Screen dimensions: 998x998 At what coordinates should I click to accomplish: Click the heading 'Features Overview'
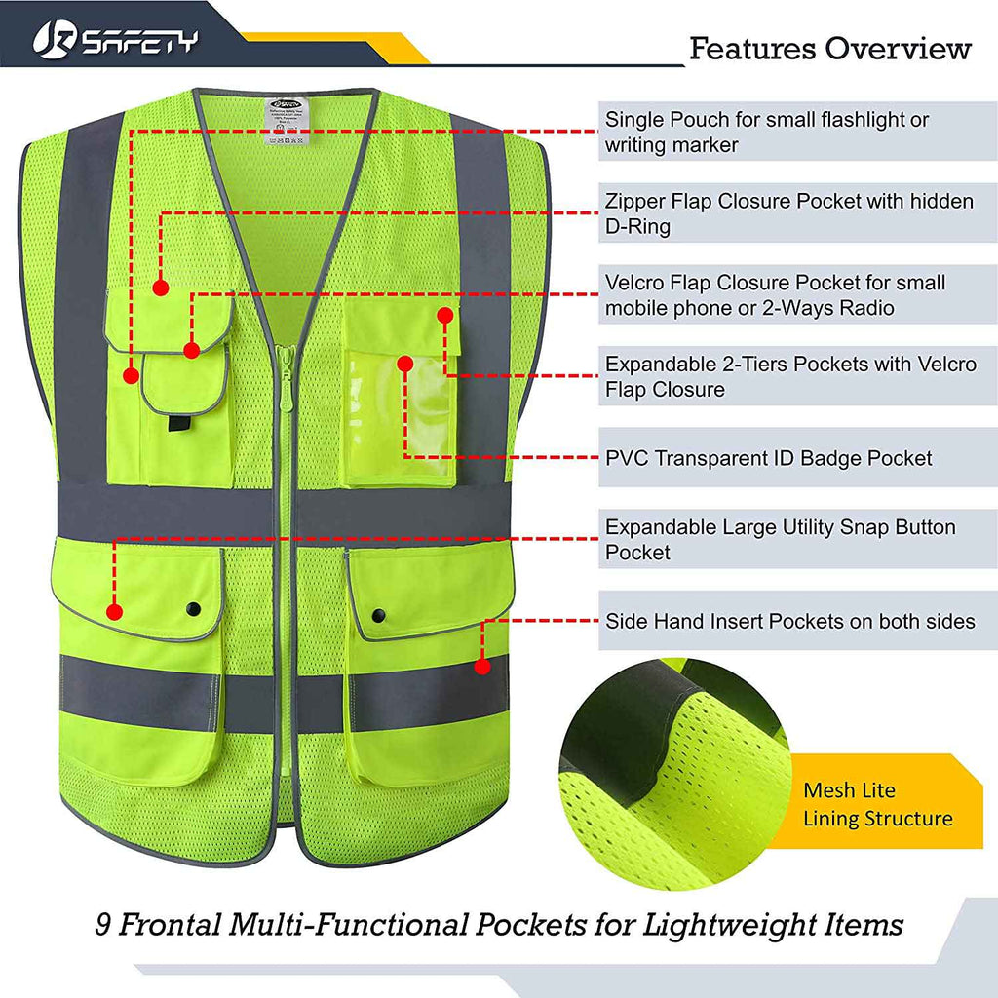tap(829, 48)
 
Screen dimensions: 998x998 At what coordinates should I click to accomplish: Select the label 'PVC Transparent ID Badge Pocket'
tap(768, 458)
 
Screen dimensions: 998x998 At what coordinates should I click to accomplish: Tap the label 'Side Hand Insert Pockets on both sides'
tap(789, 621)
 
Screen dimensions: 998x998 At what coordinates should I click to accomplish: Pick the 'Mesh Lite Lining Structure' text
tap(876, 804)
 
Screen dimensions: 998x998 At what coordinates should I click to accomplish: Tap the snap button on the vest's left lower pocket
tap(192, 608)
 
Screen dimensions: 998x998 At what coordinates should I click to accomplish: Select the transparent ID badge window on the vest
tap(402, 419)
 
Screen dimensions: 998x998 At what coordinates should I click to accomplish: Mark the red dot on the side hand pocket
tap(481, 667)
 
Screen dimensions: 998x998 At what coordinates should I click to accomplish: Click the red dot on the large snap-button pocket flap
tap(114, 612)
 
